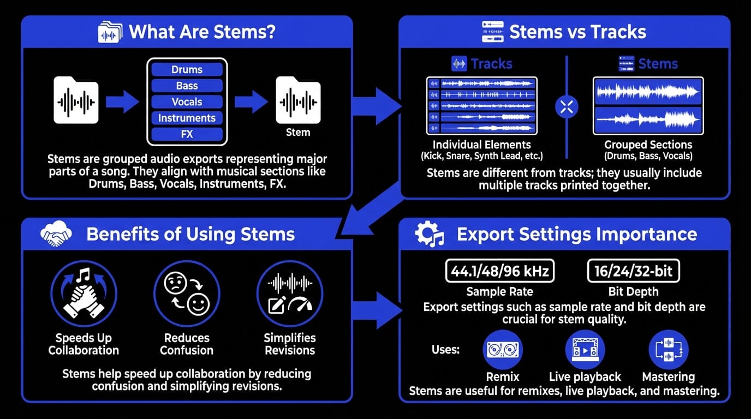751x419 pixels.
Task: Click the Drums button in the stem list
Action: (187, 69)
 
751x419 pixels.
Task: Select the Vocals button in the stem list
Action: (187, 102)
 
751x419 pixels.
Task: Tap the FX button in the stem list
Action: (187, 134)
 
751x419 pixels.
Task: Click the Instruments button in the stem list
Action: (187, 118)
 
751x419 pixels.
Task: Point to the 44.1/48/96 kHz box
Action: (500, 271)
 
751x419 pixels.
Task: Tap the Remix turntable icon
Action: (503, 350)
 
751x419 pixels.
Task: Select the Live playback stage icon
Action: (585, 350)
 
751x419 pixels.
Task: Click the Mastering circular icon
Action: (668, 350)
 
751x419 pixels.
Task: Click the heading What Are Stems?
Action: (202, 32)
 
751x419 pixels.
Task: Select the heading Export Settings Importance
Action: (577, 235)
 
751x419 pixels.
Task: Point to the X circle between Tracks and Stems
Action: (567, 107)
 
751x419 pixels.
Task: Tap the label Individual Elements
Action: (481, 145)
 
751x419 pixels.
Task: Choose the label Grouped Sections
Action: (648, 145)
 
